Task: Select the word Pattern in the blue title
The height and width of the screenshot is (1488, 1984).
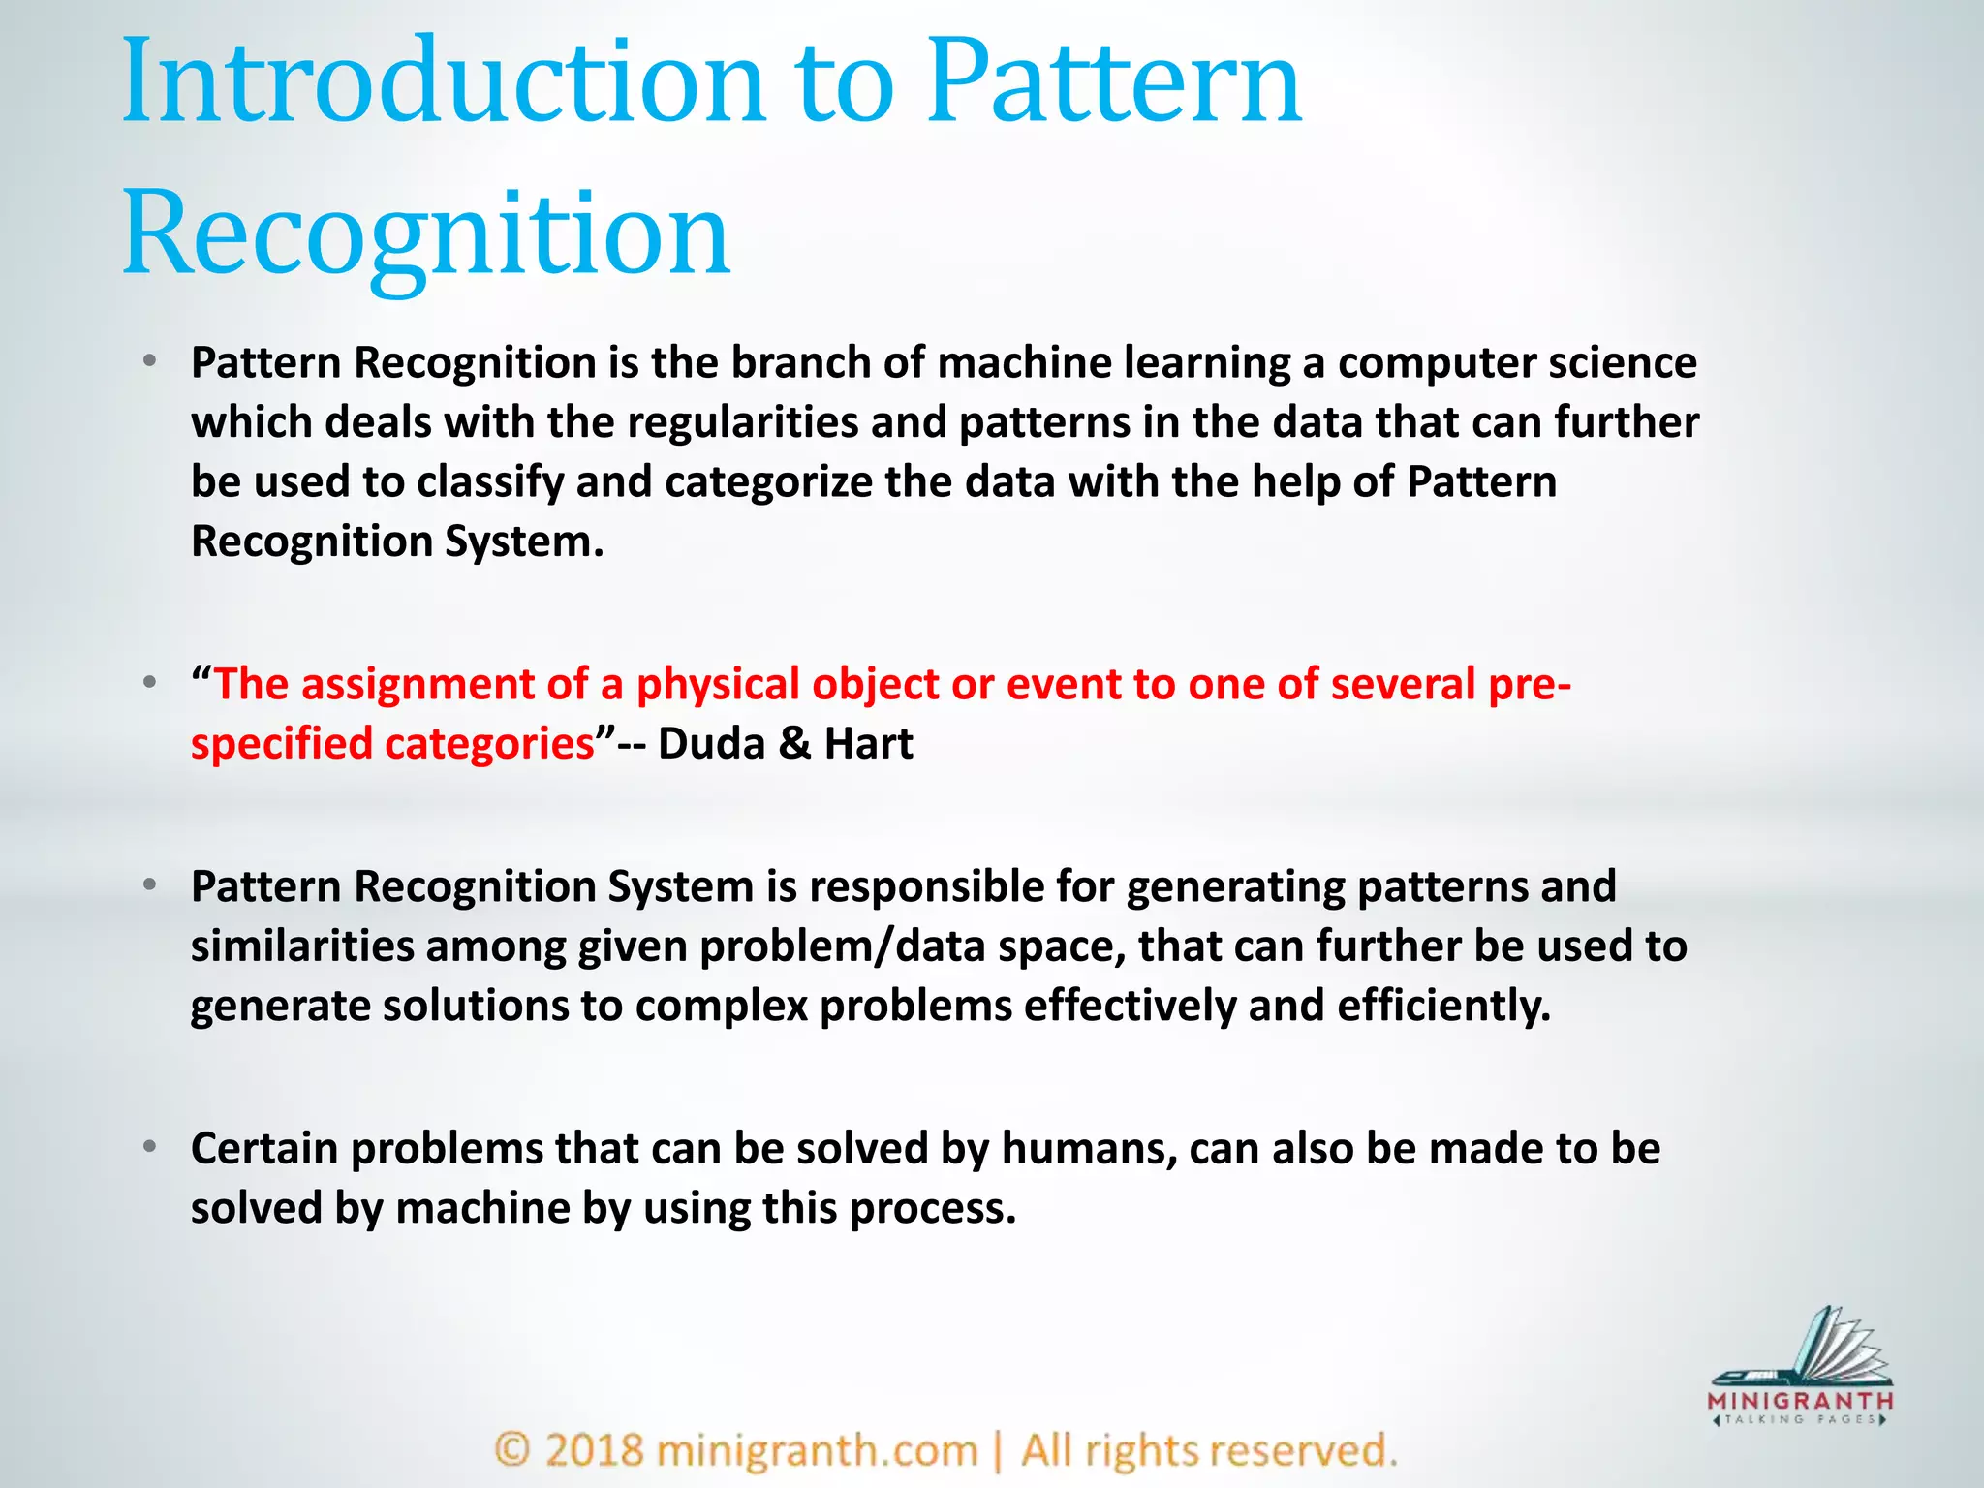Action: (x=1114, y=82)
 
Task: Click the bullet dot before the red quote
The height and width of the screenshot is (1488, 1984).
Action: (x=149, y=683)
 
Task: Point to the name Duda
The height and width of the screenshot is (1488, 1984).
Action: (x=712, y=744)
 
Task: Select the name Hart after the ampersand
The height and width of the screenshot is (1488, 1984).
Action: (x=868, y=744)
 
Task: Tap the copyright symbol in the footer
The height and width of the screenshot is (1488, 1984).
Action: (x=512, y=1450)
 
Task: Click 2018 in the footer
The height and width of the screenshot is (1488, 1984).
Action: (x=594, y=1450)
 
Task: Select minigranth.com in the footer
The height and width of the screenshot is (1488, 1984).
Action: (x=817, y=1450)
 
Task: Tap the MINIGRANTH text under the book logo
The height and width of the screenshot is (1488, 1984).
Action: (x=1800, y=1401)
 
